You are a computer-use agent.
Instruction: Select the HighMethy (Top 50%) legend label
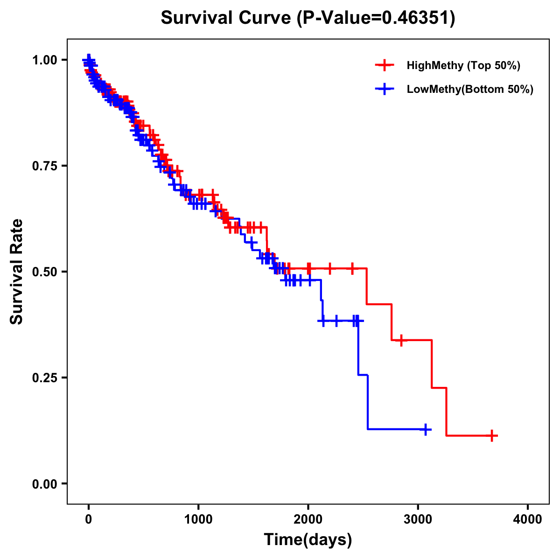tap(463, 65)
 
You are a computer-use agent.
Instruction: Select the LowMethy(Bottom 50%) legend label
tap(470, 90)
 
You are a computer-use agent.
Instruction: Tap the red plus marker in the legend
tap(385, 65)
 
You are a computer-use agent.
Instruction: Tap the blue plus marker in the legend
tap(385, 89)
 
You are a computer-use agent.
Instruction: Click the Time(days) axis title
tap(308, 540)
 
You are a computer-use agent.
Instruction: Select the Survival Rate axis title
tap(17, 272)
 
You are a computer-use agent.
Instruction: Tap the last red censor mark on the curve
tap(491, 435)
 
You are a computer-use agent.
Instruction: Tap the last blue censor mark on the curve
tap(425, 429)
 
